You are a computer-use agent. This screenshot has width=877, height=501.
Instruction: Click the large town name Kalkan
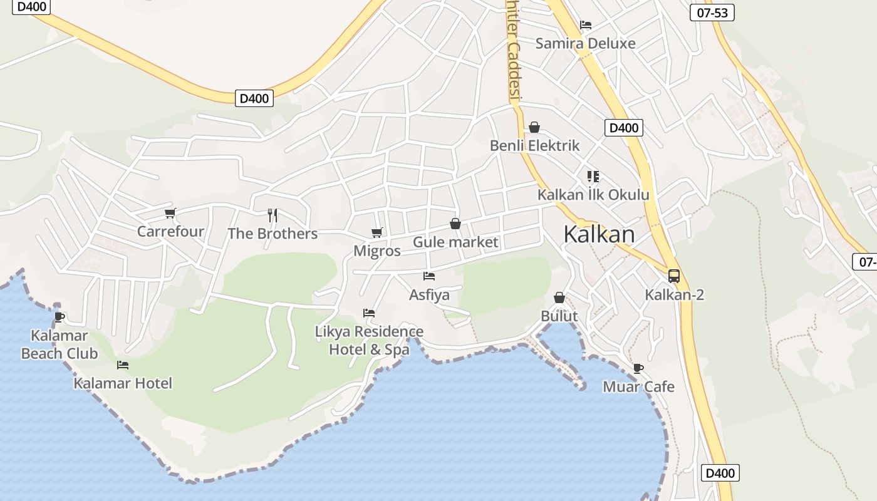[599, 234]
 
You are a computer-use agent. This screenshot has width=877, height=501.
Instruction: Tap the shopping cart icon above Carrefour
[170, 214]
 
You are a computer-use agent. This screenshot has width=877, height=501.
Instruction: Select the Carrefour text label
[170, 232]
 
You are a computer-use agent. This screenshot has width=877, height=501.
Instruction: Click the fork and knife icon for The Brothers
[272, 215]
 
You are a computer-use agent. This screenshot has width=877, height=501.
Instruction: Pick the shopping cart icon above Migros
[377, 233]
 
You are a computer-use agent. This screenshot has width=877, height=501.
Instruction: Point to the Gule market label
[455, 242]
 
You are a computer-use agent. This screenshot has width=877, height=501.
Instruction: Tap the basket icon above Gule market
[455, 224]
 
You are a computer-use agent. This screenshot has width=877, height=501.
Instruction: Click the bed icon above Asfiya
[429, 276]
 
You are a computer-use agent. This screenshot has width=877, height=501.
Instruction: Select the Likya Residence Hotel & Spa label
[370, 341]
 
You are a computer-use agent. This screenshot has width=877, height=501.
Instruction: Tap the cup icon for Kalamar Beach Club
[60, 318]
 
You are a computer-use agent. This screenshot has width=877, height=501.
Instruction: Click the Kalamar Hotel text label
[123, 383]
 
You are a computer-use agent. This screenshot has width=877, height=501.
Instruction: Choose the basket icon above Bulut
[559, 297]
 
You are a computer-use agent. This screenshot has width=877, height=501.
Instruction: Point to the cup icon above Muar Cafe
[638, 368]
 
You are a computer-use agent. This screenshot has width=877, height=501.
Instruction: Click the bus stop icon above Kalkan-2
[674, 276]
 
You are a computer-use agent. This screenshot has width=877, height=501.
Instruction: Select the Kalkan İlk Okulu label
[593, 195]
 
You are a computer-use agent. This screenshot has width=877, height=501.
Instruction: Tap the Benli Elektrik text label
[534, 146]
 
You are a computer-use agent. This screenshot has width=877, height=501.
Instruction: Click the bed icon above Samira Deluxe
[586, 25]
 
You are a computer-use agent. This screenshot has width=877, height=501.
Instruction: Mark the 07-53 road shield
[712, 13]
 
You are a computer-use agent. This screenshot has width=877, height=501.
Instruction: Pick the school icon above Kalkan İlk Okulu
[593, 177]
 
